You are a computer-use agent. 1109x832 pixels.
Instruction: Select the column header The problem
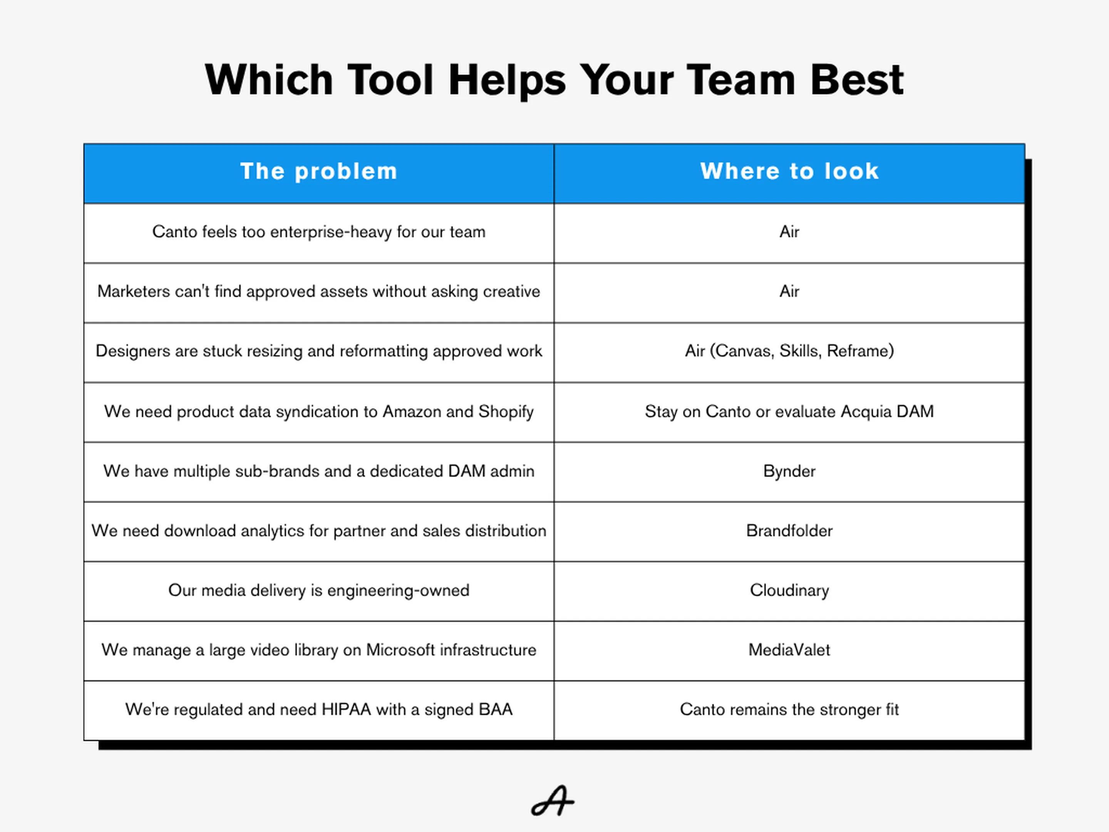[319, 171]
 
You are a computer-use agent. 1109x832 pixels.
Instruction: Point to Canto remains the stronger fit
[789, 710]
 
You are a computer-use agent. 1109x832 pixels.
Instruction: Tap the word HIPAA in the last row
[347, 710]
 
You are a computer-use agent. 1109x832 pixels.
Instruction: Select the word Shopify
[506, 412]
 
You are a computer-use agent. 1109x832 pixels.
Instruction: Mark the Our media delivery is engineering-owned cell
[319, 591]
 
